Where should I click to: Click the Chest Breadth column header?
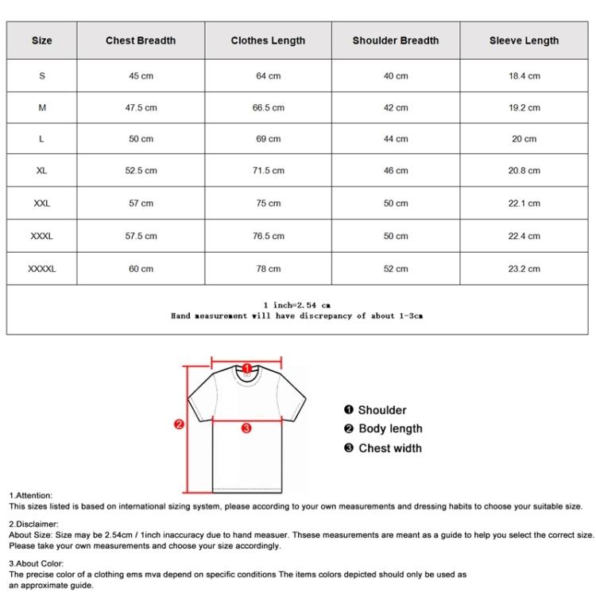141,41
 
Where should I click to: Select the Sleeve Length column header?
524,41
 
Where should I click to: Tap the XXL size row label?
42,203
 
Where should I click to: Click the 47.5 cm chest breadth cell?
141,107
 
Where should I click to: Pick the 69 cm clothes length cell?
268,139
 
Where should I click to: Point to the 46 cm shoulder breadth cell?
396,171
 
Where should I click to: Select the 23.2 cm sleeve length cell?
524,269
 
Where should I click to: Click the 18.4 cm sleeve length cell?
524,76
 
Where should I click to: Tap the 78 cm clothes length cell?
268,269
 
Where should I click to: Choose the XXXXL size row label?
42,269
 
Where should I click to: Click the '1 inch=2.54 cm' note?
296,305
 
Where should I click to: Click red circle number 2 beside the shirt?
180,424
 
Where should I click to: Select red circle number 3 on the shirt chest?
246,428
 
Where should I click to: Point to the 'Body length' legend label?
390,429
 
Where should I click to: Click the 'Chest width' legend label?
390,448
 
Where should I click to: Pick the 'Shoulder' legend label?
381,410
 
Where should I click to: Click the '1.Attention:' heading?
31,495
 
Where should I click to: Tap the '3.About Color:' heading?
37,563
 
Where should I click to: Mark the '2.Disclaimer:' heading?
34,524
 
